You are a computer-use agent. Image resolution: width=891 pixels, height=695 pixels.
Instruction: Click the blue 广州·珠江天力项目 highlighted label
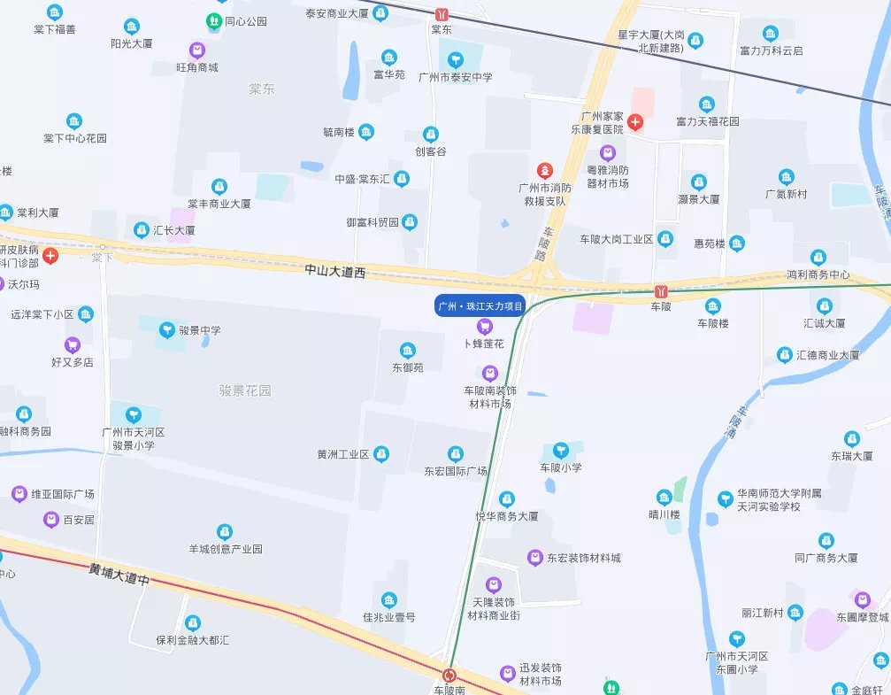481,305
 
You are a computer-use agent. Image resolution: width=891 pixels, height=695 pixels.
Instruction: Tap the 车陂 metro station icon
661,291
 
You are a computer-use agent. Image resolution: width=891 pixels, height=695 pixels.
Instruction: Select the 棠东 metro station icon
442,14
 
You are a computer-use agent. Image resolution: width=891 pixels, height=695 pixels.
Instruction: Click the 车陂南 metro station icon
449,675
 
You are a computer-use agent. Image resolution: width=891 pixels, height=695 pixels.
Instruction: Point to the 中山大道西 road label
334,271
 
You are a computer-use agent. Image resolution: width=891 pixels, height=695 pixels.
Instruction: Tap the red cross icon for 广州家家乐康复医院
635,120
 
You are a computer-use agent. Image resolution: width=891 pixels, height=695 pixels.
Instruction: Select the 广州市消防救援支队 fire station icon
546,169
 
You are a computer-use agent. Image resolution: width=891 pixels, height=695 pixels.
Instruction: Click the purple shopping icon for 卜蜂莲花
484,327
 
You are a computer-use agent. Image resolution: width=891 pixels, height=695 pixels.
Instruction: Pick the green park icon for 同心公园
213,20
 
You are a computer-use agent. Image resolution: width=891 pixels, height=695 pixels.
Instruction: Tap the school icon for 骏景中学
166,330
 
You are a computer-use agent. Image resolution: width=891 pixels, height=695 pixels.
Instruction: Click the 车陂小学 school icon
561,451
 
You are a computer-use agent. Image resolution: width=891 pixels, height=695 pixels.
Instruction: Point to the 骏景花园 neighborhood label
245,390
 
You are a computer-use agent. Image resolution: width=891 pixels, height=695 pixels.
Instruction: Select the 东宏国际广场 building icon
456,453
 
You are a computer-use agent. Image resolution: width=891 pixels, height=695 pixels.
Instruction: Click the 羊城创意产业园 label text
226,549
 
